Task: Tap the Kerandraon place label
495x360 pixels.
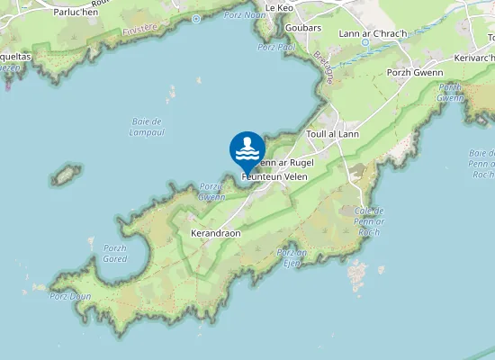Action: point(216,232)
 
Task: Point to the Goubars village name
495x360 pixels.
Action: point(309,28)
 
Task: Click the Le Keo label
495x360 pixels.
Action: point(279,7)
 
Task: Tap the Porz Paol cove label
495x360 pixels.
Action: point(275,47)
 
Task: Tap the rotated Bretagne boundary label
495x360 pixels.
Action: point(323,64)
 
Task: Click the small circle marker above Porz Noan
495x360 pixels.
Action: point(196,18)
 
